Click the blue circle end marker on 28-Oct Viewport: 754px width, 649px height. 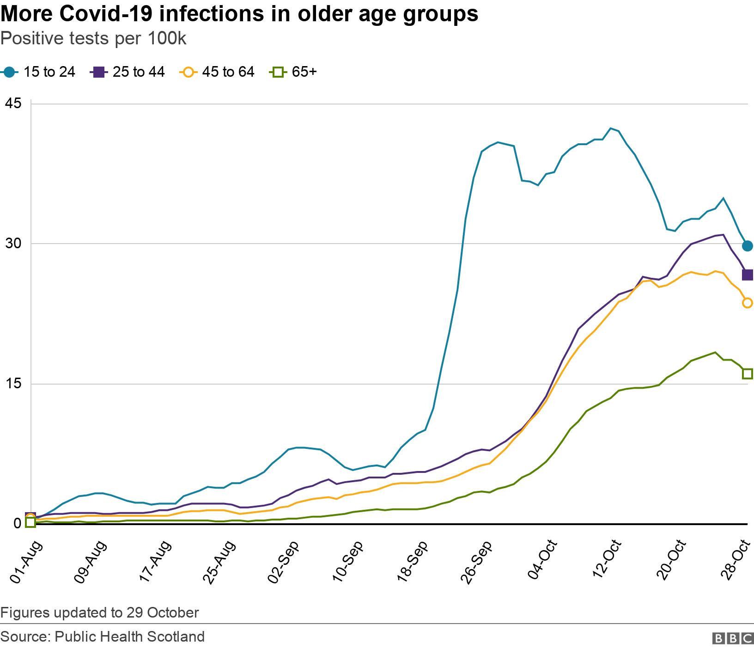pyautogui.click(x=747, y=246)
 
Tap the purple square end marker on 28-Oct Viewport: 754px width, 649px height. pyautogui.click(x=747, y=275)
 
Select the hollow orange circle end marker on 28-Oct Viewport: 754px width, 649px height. pyautogui.click(x=747, y=303)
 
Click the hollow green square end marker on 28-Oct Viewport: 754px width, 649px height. pyautogui.click(x=747, y=373)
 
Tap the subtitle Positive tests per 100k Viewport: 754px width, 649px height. pyautogui.click(x=93, y=39)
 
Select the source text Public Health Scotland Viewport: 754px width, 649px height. pyautogui.click(x=129, y=637)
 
